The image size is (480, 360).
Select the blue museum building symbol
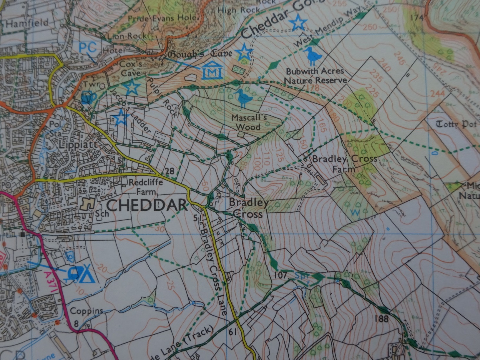click(x=212, y=71)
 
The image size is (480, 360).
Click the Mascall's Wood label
click(x=249, y=122)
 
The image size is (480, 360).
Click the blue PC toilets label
click(x=88, y=47)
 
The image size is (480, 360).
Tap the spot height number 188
click(x=381, y=319)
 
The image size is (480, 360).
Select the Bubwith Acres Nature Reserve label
click(x=315, y=76)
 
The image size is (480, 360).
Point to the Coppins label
click(x=86, y=311)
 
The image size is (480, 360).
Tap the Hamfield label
click(x=27, y=23)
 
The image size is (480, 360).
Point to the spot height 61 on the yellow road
click(x=232, y=332)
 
